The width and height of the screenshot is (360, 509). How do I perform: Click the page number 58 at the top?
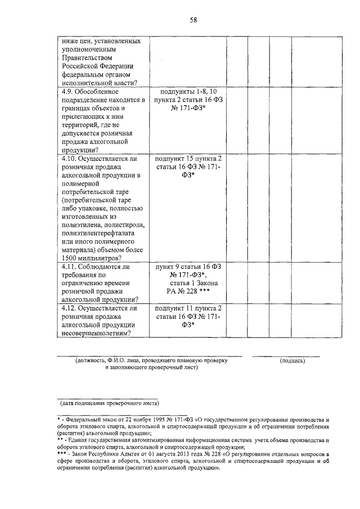tap(193, 20)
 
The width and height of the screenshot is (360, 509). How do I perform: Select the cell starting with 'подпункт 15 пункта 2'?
tap(188, 159)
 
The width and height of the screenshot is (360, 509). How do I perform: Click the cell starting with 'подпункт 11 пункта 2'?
tap(188, 308)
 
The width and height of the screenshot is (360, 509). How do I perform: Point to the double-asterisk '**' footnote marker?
tap(60, 440)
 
